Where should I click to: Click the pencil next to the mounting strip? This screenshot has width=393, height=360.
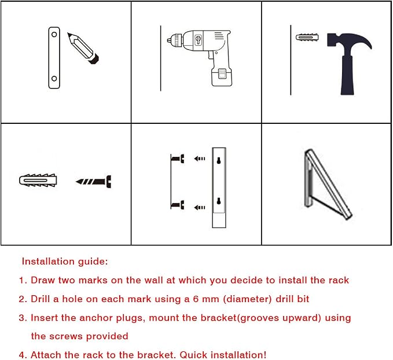tap(83, 48)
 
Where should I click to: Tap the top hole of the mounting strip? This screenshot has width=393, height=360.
tap(54, 34)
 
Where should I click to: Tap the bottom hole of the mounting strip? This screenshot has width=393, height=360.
tap(54, 79)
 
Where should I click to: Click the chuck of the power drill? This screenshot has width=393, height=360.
tap(175, 40)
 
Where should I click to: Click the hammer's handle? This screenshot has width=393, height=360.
tap(347, 75)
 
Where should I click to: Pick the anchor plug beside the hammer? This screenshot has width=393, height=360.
tap(307, 38)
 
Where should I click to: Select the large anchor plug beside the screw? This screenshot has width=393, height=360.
tap(38, 180)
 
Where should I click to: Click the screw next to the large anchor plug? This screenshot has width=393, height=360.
tap(94, 182)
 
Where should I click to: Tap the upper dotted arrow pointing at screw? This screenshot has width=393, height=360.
tap(200, 159)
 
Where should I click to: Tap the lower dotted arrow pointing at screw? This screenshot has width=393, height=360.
tap(200, 207)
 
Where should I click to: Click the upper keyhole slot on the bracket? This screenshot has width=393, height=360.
tap(219, 160)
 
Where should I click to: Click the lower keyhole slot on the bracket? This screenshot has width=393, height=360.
tap(219, 201)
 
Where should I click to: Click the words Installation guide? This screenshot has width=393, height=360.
tap(65, 262)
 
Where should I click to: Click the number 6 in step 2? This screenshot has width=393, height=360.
tap(196, 299)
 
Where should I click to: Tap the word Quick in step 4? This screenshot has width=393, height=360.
tap(193, 355)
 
